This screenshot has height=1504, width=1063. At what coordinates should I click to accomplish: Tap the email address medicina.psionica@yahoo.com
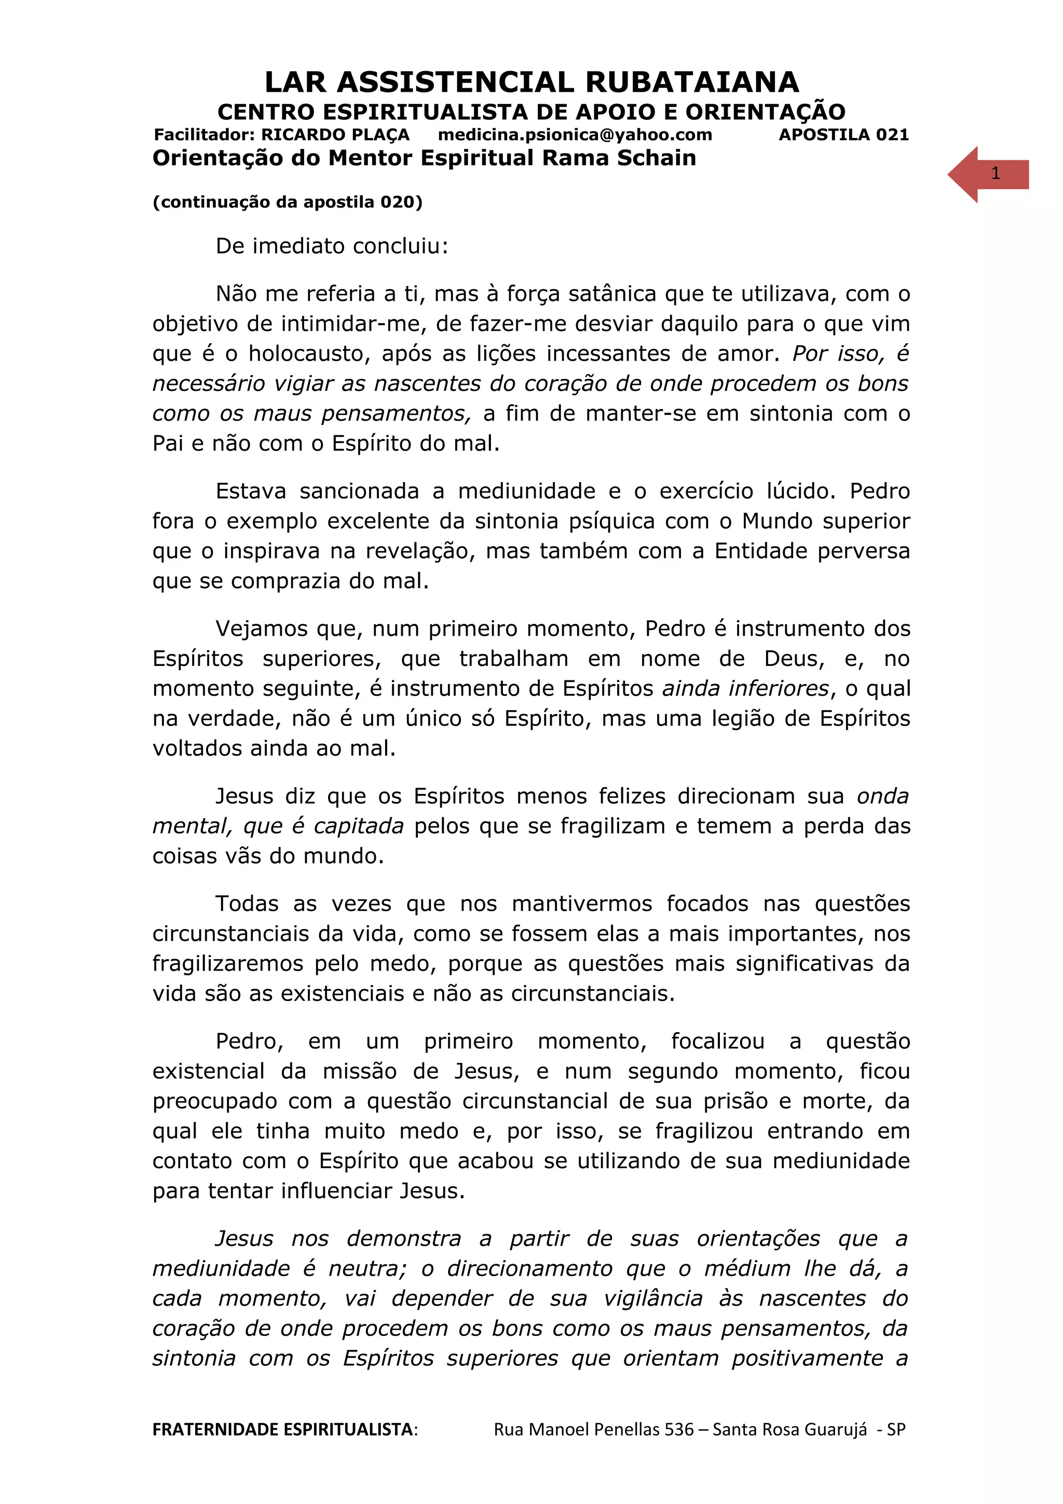click(575, 135)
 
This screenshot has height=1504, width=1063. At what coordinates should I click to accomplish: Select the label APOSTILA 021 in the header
click(843, 135)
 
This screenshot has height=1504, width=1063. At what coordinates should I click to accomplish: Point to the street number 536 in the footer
click(678, 1429)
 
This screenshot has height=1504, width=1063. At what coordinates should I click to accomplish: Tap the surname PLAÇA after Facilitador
click(380, 135)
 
